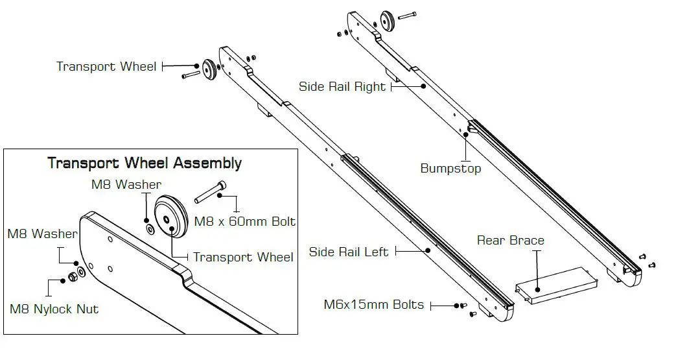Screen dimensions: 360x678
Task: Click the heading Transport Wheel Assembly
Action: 145,163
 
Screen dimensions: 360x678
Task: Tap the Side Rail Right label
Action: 342,87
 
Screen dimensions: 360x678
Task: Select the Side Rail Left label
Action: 348,252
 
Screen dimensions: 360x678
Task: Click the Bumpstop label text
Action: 450,169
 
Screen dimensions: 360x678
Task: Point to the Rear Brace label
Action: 510,241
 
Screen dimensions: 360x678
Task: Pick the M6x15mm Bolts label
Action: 374,305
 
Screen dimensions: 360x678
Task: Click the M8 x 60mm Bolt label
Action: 245,222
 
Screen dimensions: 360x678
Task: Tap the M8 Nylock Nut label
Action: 54,309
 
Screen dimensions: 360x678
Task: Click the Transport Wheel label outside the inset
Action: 106,67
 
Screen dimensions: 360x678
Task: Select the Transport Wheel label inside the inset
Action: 243,258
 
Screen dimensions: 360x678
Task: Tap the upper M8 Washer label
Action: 126,184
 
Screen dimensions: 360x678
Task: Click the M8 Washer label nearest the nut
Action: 42,234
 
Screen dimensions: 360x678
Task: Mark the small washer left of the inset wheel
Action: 150,229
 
